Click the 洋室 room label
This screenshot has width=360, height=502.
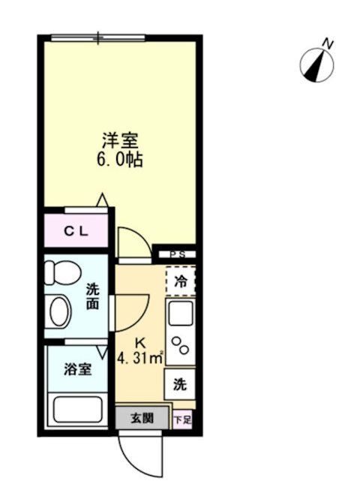click(x=120, y=140)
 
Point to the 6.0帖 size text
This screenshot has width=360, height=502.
click(x=120, y=160)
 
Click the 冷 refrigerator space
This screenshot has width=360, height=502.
click(x=181, y=281)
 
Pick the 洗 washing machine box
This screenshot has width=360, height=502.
click(x=181, y=384)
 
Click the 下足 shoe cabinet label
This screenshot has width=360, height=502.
click(x=182, y=419)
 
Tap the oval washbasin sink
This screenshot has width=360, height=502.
click(x=58, y=310)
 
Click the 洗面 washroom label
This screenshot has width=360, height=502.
click(x=92, y=296)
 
